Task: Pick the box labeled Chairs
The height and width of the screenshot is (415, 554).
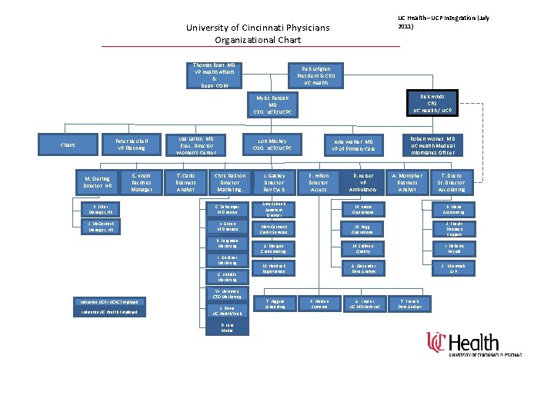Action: [x=67, y=144]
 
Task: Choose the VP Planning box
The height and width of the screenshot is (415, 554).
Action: [x=131, y=144]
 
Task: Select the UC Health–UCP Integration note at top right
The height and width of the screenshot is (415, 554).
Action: [x=444, y=22]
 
